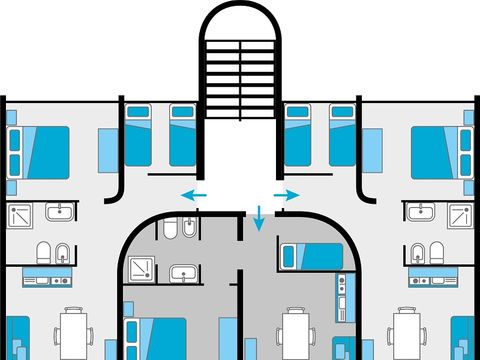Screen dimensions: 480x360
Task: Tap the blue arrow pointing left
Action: (195, 194)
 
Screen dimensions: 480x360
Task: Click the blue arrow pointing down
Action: (259, 216)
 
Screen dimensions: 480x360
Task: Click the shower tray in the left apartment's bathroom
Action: (21, 215)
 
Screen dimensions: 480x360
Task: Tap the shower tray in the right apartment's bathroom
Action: (460, 215)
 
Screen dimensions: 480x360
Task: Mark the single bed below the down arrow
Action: (310, 256)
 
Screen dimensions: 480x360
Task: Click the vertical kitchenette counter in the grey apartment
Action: (342, 295)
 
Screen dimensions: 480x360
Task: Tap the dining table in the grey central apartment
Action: (294, 333)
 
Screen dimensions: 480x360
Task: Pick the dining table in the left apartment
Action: (73, 333)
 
